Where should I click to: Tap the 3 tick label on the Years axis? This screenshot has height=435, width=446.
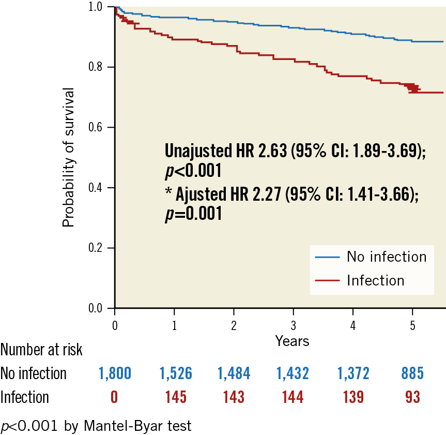coord(293,326)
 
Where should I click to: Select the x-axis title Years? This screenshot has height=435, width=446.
coord(292,341)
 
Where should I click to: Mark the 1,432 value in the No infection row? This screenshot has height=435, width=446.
coord(293,373)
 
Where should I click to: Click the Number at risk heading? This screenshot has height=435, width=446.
coord(41,350)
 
